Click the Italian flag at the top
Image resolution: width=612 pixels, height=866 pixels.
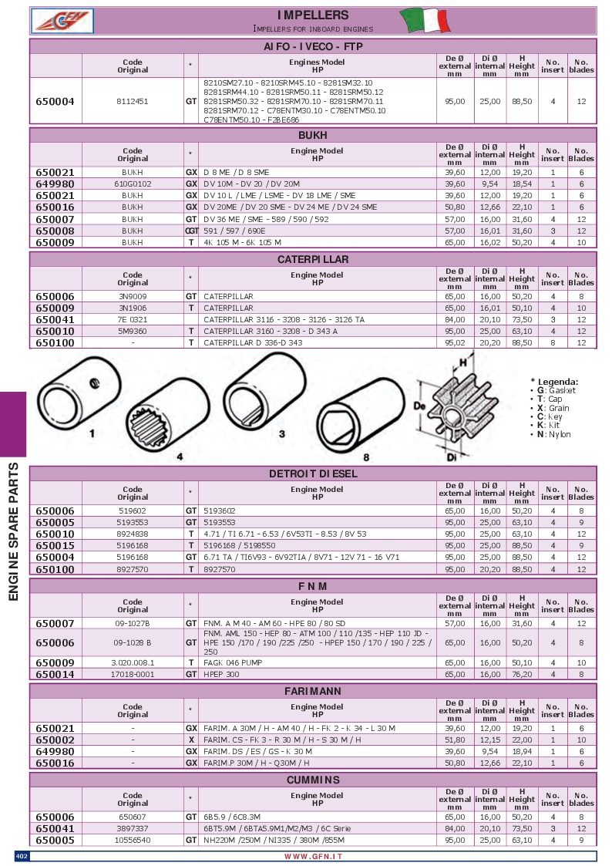[x=425, y=19]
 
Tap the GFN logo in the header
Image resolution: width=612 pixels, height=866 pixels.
[x=62, y=20]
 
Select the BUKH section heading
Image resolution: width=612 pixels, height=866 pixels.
[x=312, y=135]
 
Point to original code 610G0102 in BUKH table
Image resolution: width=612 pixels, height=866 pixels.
[x=133, y=184]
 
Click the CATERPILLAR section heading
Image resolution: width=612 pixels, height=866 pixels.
[x=312, y=260]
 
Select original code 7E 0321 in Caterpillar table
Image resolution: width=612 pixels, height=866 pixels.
[x=133, y=318]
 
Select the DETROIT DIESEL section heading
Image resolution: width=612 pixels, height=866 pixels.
[x=312, y=473]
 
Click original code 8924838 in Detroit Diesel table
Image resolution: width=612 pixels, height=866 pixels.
[x=133, y=534]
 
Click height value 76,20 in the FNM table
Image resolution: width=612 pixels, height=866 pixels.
[x=522, y=674]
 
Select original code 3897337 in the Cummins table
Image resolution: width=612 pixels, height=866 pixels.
[x=133, y=829]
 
